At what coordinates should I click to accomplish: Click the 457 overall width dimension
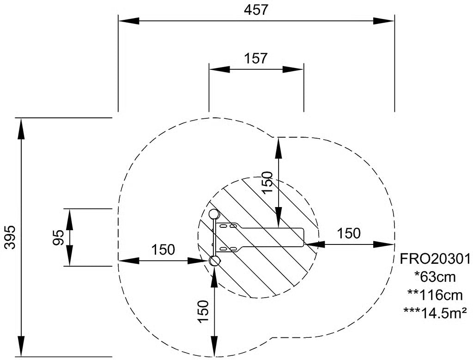click(256, 10)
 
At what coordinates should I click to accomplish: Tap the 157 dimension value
click(256, 58)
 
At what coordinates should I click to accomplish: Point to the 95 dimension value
click(59, 237)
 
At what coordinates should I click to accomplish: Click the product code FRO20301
click(435, 259)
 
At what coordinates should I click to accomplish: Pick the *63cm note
click(435, 277)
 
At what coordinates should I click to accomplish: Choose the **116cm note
click(435, 295)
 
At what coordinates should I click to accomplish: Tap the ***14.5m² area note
click(435, 312)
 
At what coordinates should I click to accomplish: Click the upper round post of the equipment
click(214, 214)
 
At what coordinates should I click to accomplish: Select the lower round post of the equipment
click(215, 261)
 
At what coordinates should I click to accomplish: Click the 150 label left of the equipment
click(163, 250)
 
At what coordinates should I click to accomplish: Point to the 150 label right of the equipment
click(348, 233)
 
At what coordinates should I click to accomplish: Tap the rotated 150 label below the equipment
click(204, 311)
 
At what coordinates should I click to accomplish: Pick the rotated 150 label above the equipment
click(267, 183)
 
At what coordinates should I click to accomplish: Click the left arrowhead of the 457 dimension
click(129, 21)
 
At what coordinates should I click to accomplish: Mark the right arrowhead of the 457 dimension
click(384, 21)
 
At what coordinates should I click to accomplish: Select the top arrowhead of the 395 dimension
click(21, 128)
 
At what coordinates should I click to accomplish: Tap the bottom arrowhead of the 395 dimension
click(21, 346)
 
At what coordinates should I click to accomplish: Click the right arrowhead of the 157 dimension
click(293, 69)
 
